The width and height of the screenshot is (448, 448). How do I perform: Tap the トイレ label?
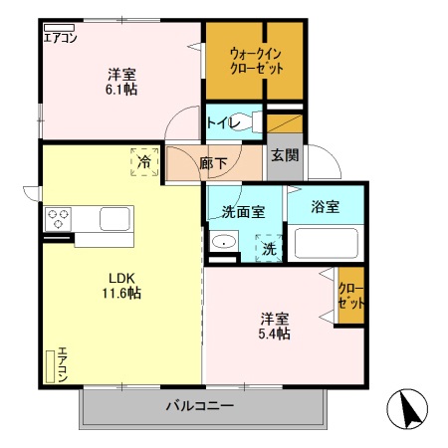click(x=220, y=123)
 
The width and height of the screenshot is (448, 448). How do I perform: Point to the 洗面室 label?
click(x=242, y=211)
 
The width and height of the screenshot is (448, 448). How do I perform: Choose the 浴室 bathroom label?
click(x=325, y=207)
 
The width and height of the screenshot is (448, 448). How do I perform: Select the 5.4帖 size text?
click(x=275, y=335)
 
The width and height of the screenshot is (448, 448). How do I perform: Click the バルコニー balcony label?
click(x=199, y=406)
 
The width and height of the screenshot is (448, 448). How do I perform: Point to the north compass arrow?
click(x=408, y=408)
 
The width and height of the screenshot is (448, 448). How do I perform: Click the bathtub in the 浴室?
click(x=327, y=243)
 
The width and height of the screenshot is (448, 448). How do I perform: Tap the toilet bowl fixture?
click(x=256, y=122)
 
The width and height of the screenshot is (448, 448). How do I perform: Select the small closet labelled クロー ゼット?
click(x=351, y=296)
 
